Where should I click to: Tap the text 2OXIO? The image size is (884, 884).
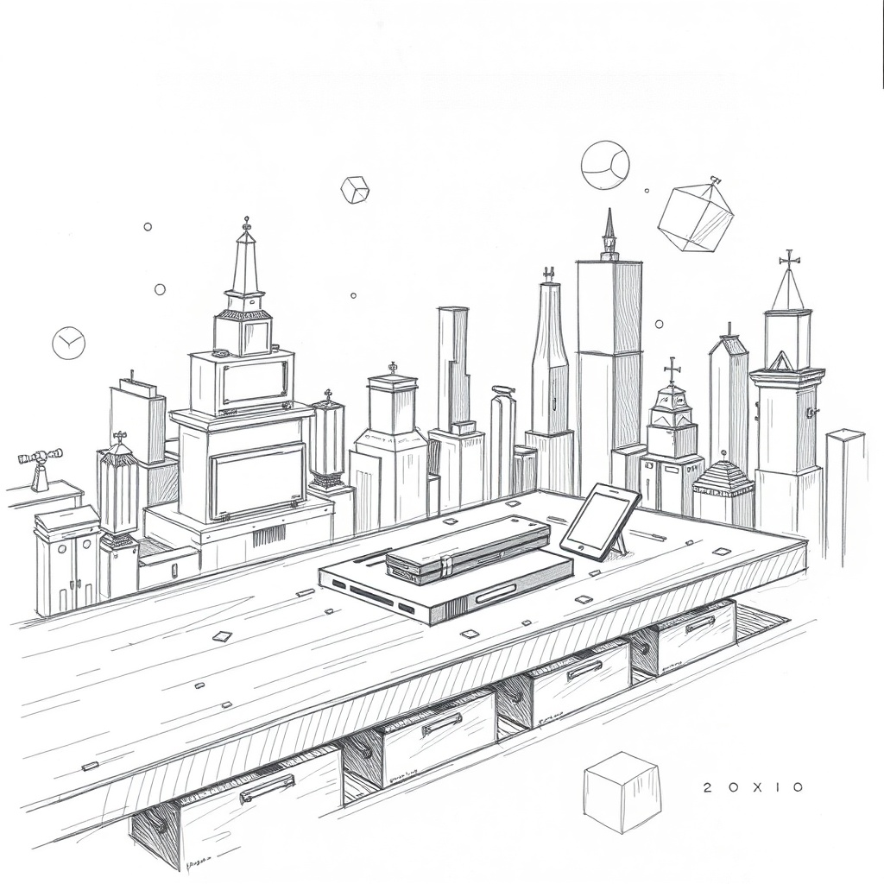(x=753, y=787)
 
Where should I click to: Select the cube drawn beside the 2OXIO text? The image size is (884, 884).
(x=621, y=791)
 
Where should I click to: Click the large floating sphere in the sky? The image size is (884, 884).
(x=604, y=165)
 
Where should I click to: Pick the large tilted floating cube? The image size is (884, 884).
(x=695, y=215)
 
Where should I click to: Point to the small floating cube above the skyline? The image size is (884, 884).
(x=355, y=189)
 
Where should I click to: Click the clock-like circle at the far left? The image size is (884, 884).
(x=68, y=343)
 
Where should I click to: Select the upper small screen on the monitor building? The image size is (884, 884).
(x=254, y=382)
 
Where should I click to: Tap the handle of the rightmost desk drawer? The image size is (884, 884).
(x=699, y=624)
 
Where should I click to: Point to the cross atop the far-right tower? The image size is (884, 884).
(x=788, y=259)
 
